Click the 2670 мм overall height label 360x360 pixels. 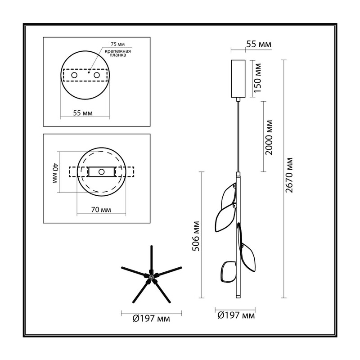(289, 175)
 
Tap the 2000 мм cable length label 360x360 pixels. (269, 137)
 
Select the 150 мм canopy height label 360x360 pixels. (257, 78)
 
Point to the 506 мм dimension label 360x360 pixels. (196, 236)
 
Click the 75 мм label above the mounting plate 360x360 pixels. (118, 44)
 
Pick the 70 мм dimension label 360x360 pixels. (101, 210)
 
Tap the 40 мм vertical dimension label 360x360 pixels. (54, 173)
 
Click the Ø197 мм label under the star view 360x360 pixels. (151, 319)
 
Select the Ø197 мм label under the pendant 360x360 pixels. (236, 315)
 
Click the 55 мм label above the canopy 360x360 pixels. (258, 44)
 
